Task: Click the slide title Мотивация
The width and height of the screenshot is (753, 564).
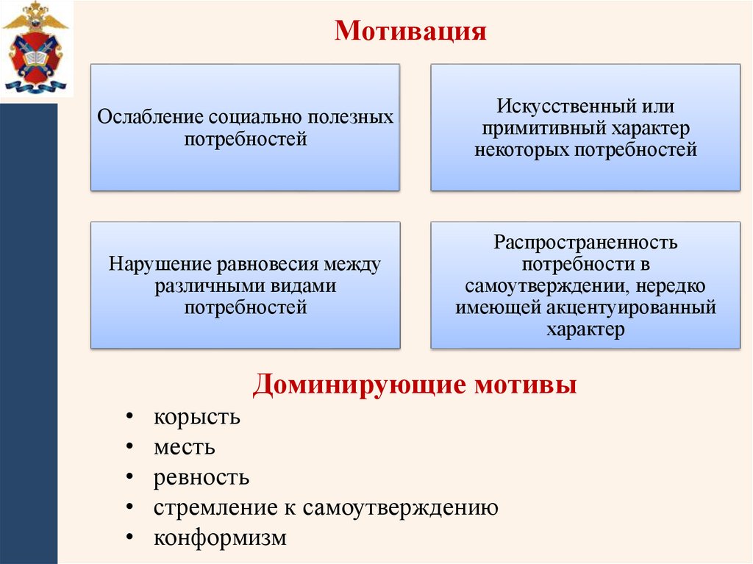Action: point(410,32)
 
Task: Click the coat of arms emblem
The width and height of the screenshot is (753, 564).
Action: point(35,49)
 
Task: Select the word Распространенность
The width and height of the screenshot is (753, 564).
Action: point(585,242)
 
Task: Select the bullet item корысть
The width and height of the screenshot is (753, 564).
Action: point(197,417)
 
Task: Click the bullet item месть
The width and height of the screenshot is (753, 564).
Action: point(185,447)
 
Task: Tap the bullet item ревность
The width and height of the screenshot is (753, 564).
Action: point(201,478)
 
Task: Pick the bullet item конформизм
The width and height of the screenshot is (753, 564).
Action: point(220,538)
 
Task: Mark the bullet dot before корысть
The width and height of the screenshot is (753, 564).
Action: point(129,417)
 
